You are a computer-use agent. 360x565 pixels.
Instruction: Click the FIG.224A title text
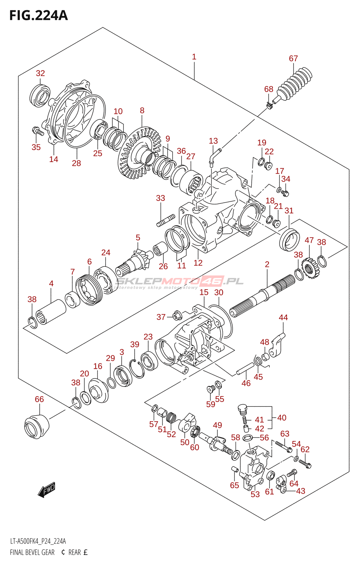pyautogui.click(x=38, y=16)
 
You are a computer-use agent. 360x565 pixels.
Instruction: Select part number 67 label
pyautogui.click(x=293, y=59)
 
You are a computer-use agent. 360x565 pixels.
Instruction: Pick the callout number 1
pyautogui.click(x=194, y=57)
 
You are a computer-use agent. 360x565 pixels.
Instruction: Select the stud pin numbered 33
pyautogui.click(x=166, y=220)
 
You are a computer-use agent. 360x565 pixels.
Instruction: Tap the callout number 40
pyautogui.click(x=282, y=418)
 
